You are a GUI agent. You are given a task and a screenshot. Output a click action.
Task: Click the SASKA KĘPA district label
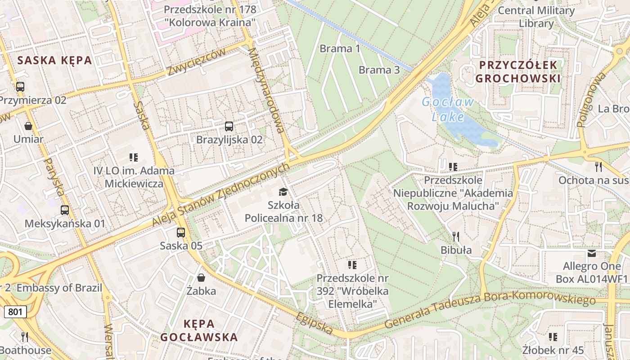tap(54, 60)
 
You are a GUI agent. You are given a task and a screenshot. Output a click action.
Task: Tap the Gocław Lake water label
tap(448, 109)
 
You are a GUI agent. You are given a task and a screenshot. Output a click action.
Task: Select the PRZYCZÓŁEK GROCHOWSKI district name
tap(518, 72)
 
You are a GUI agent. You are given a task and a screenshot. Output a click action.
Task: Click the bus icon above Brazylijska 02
tap(229, 126)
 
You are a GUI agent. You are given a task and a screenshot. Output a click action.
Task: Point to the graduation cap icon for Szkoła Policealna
tap(283, 192)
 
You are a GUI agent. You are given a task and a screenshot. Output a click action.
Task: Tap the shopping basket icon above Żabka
tap(201, 278)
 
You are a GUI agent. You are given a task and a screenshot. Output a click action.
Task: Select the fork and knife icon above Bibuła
tap(456, 236)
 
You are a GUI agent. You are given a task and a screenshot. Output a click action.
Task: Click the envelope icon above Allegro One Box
tap(592, 253)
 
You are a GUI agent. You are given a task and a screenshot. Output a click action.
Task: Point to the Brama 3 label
tap(379, 70)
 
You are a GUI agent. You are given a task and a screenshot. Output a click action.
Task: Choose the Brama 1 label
tap(340, 49)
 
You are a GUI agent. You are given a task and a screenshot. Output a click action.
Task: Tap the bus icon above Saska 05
tap(181, 233)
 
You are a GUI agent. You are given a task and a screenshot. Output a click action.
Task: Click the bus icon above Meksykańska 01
tap(65, 210)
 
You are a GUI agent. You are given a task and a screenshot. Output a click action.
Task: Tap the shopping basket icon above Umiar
tap(28, 126)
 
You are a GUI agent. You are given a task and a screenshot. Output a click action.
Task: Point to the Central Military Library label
tap(536, 17)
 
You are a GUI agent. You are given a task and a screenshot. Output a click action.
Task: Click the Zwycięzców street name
tap(196, 62)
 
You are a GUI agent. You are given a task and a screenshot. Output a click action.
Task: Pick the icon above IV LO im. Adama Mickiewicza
tap(134, 157)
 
